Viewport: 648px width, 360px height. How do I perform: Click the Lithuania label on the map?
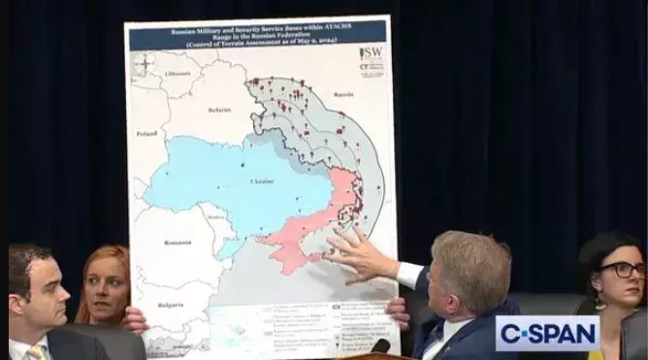tap(178, 73)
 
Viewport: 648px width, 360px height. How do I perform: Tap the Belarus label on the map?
tap(219, 110)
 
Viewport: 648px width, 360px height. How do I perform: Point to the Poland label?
tap(146, 133)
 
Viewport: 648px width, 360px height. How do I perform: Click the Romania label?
tap(178, 242)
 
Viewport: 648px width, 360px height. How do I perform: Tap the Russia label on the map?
tap(343, 95)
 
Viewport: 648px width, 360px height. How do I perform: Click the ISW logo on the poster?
tap(371, 52)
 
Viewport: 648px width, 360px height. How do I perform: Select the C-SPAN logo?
tap(547, 334)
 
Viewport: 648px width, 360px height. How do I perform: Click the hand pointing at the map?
tap(360, 254)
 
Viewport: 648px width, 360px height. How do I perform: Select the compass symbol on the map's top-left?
tap(144, 64)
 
